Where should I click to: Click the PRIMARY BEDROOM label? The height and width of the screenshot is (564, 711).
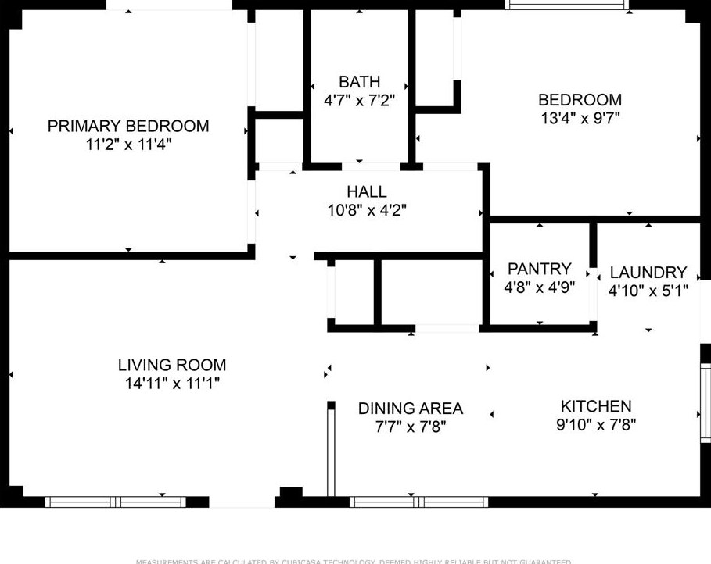pos(128,126)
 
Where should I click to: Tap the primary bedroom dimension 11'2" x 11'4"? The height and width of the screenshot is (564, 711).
pos(128,145)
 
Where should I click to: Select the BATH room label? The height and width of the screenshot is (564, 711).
pos(359,82)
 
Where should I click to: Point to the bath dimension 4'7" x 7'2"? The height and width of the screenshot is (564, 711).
pos(359,101)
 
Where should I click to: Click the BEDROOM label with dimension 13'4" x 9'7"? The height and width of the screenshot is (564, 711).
pos(580,100)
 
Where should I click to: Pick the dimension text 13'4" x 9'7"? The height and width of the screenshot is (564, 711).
pos(580,119)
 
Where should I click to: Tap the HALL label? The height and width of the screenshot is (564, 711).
pos(366,191)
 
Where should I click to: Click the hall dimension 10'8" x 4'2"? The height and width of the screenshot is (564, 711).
pos(366,210)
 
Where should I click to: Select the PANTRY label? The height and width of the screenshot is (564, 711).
pos(539,269)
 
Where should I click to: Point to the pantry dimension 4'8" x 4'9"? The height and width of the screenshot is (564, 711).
pos(539,287)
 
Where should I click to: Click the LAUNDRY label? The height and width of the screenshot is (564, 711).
pos(648,273)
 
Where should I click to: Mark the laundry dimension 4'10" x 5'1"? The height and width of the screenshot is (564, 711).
pos(648,291)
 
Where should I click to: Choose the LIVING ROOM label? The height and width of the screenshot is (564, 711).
pos(172,365)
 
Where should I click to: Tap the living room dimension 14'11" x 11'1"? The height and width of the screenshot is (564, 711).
pos(172,384)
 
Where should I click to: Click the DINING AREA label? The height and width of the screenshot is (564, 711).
pos(410,409)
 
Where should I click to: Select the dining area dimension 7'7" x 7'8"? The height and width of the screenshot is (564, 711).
pos(410,427)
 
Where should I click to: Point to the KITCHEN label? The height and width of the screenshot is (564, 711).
pos(595,406)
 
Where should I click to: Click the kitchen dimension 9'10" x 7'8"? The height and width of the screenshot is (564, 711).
pos(595,425)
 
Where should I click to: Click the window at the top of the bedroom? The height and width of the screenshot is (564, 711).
pos(567,5)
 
